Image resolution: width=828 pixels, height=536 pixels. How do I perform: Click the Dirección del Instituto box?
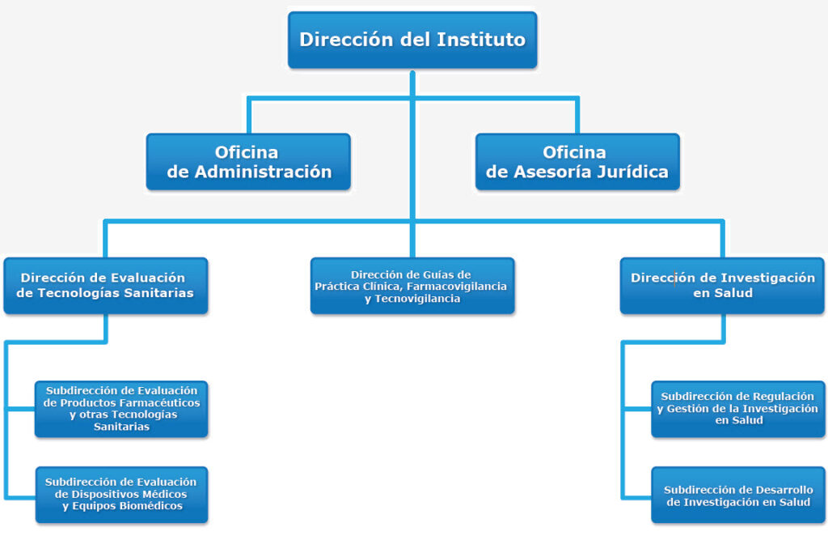click(x=412, y=40)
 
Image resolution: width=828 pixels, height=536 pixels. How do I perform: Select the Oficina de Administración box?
click(x=248, y=162)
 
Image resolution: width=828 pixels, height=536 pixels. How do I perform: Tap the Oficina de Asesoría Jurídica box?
click(x=577, y=162)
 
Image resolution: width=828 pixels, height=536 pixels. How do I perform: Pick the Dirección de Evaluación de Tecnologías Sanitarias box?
click(x=106, y=286)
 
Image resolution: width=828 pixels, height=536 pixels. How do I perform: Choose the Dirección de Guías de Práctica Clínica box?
click(x=412, y=286)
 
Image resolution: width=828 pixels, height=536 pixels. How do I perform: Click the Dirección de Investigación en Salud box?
click(x=722, y=286)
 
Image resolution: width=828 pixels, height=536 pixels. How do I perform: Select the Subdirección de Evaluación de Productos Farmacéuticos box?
click(x=121, y=409)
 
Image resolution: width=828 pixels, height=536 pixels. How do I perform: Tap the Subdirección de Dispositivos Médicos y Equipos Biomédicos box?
click(x=121, y=495)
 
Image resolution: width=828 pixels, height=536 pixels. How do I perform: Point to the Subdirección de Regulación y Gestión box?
click(x=737, y=409)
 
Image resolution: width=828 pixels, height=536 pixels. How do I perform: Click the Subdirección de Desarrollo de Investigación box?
click(x=737, y=495)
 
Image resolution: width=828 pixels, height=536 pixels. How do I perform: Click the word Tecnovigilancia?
click(x=417, y=299)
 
